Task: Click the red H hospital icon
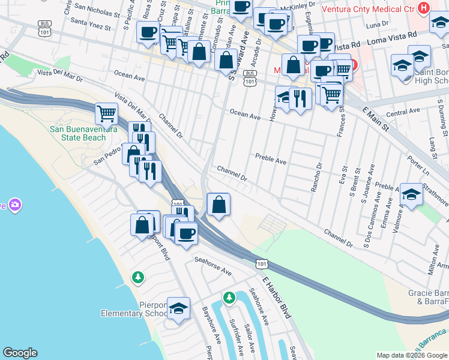pyautogui.click(x=424, y=8)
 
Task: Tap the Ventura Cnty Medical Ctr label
pyautogui.click(x=370, y=9)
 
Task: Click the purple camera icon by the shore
pyautogui.click(x=15, y=205)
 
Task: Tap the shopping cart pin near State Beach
pyautogui.click(x=106, y=112)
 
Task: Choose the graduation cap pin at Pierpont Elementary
pyautogui.click(x=178, y=308)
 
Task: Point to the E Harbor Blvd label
pyautogui.click(x=277, y=297)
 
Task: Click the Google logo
pyautogui.click(x=20, y=353)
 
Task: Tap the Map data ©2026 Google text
pyautogui.click(x=411, y=355)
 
